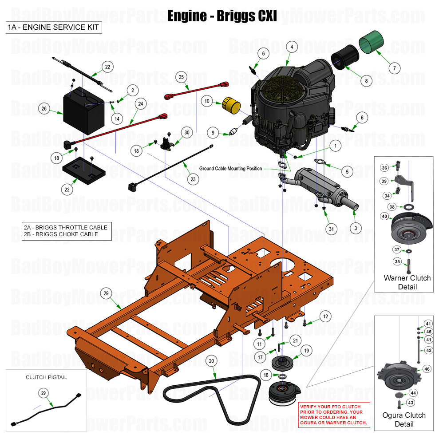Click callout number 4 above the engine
(x=291, y=47)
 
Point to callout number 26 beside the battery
(x=43, y=109)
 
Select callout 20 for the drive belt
(x=212, y=361)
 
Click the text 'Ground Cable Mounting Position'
(x=230, y=169)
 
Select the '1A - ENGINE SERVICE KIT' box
(x=53, y=28)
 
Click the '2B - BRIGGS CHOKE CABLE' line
(x=61, y=234)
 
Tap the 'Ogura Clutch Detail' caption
(x=404, y=419)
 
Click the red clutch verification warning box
(x=334, y=415)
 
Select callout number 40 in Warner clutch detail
(x=384, y=216)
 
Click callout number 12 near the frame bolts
(x=325, y=316)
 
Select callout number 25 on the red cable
(x=181, y=77)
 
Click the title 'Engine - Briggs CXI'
(x=222, y=16)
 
